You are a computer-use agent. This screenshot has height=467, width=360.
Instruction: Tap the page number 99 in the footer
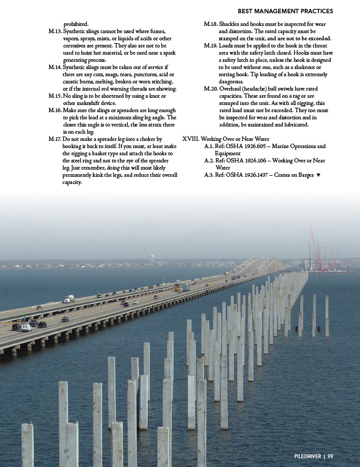(x=330, y=456)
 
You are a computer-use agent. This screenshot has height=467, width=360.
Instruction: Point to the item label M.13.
(x=55, y=32)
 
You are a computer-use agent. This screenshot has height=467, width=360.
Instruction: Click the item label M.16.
(x=55, y=111)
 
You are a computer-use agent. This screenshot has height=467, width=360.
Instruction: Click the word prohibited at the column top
(x=75, y=24)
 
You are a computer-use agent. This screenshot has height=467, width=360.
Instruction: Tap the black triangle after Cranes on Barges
(x=319, y=175)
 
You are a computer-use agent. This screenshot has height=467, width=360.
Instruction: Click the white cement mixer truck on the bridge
(x=69, y=299)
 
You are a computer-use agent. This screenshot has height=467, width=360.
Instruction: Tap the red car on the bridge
(x=126, y=304)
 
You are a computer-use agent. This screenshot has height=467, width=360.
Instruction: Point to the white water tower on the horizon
(x=153, y=258)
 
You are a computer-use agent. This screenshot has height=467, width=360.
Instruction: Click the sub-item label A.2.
(x=210, y=161)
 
